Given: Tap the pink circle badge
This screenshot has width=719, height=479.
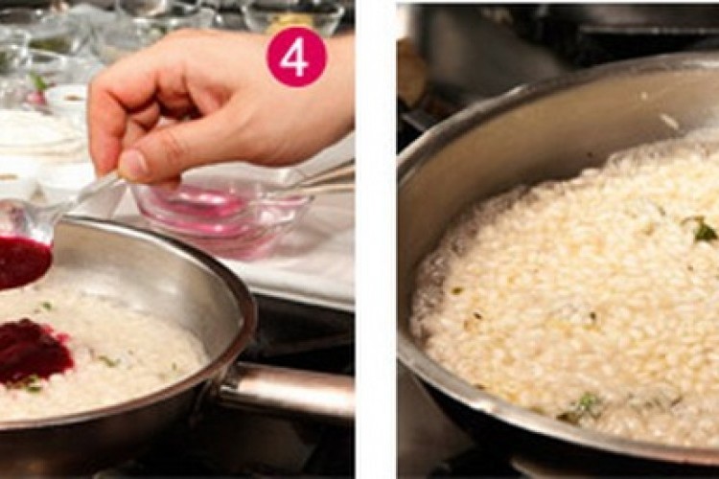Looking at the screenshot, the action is pos(296,58).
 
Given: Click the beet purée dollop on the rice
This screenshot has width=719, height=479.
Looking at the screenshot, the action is pos(35,351).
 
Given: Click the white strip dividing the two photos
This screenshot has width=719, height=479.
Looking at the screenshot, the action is pos(375,239).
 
